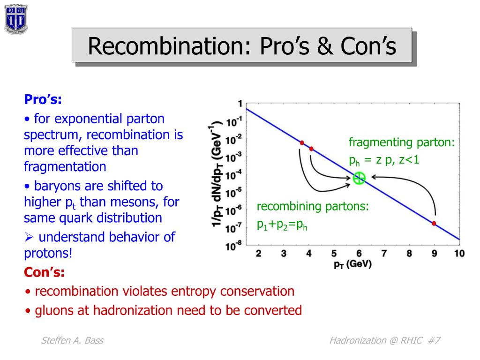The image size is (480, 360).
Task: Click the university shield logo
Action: pyautogui.click(x=16, y=18)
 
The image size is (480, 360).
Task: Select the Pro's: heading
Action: pyautogui.click(x=43, y=99)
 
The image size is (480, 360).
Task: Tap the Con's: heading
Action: pyautogui.click(x=44, y=272)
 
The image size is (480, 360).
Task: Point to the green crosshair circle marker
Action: pyautogui.click(x=359, y=178)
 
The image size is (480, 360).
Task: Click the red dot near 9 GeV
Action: pyautogui.click(x=434, y=224)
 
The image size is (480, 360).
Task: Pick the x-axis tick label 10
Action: pyautogui.click(x=459, y=254)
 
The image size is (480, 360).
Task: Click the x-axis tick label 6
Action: pyautogui.click(x=359, y=254)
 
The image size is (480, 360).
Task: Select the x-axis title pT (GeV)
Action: pyautogui.click(x=352, y=264)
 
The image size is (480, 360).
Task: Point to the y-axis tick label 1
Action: pyautogui.click(x=240, y=104)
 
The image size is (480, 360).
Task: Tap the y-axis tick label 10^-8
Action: pyautogui.click(x=233, y=246)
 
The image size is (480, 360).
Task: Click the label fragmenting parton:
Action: pyautogui.click(x=402, y=142)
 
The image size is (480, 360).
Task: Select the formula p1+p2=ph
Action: pyautogui.click(x=282, y=225)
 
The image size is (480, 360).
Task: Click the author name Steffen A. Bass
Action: pyautogui.click(x=73, y=340)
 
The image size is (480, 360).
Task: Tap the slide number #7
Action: pyautogui.click(x=434, y=340)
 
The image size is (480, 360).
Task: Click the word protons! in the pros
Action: pyautogui.click(x=48, y=253)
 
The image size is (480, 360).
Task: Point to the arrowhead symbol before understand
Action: pyautogui.click(x=29, y=237)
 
